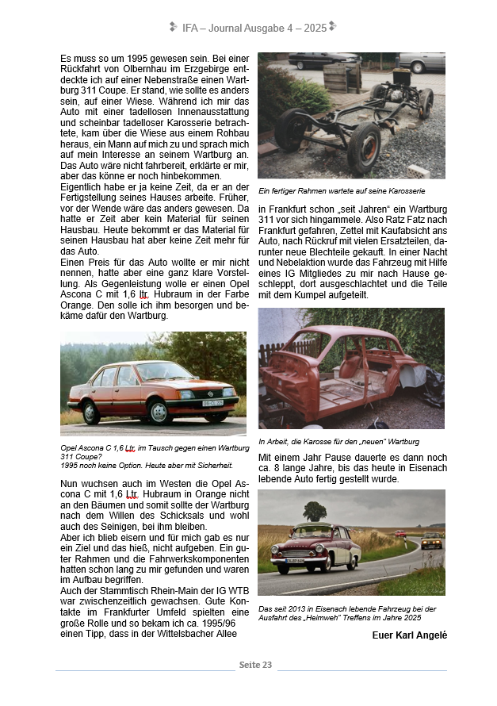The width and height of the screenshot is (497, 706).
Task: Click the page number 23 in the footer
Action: point(266,665)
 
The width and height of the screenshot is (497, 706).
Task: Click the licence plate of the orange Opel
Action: point(212,404)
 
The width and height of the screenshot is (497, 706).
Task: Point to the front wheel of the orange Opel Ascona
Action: point(159,412)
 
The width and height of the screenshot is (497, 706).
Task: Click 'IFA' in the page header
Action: point(190,28)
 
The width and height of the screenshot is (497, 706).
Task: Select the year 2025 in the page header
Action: point(314,28)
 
